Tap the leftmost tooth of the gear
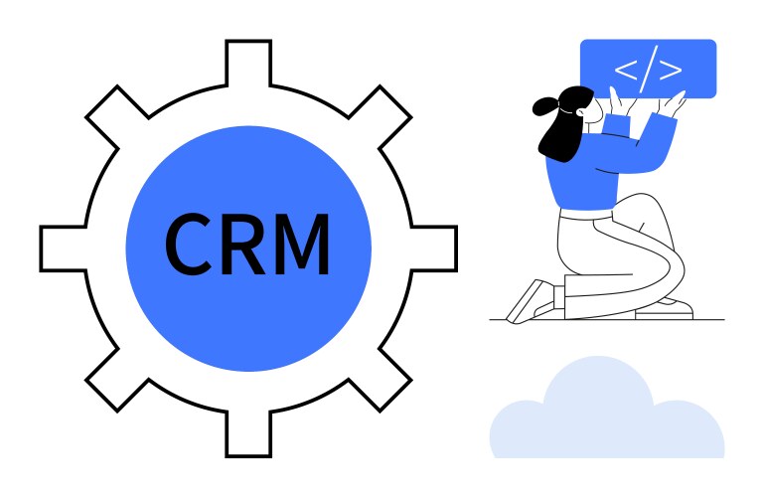click(62, 248)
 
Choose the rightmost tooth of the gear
click(435, 248)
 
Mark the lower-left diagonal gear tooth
click(115, 381)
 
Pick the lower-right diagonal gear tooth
click(381, 381)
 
